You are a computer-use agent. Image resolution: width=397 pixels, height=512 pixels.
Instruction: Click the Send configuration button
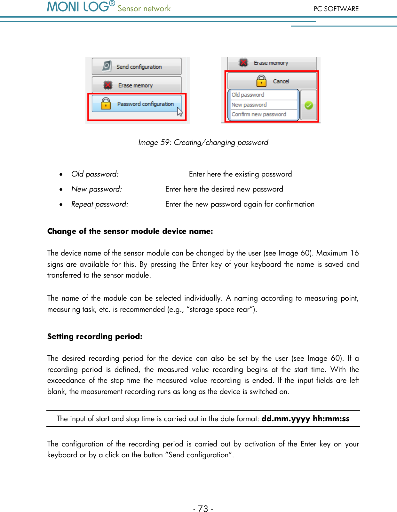point(137,67)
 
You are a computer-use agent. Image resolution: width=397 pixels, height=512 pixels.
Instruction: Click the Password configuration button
point(137,104)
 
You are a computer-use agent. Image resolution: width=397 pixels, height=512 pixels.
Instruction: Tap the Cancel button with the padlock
point(272,81)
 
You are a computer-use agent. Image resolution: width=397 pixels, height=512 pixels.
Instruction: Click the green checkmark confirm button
point(309,105)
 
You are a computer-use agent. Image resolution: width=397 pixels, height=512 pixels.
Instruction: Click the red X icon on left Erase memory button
point(108,85)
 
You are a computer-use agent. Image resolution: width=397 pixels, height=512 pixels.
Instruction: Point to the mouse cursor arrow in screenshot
point(180,112)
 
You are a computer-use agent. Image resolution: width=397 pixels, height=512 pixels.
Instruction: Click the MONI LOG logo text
point(78,7)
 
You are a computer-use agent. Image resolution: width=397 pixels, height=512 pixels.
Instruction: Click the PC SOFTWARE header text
point(336,9)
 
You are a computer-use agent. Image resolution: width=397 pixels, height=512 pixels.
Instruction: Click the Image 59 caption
point(203,142)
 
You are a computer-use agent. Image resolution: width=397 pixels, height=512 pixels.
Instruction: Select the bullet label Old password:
point(95,174)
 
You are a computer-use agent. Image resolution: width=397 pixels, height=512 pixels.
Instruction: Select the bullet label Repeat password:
point(100,204)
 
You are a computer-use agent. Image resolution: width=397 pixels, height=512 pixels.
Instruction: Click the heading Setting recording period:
point(95,336)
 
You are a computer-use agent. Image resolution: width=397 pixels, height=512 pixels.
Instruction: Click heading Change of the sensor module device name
point(130,231)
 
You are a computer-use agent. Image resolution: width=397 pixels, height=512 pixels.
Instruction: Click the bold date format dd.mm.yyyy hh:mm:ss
point(305,419)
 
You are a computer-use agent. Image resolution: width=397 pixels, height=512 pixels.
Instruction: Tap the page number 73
point(203,508)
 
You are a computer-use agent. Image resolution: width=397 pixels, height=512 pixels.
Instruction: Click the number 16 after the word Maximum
point(354,253)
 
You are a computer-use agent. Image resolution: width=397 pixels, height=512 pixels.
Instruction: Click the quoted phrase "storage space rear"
point(220,309)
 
